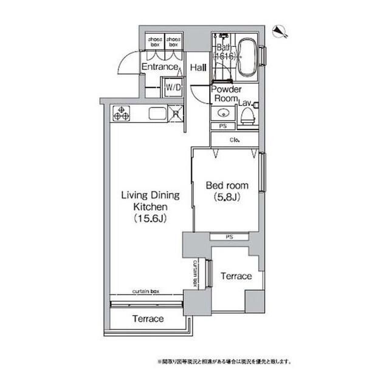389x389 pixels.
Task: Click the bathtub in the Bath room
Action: coord(247,57)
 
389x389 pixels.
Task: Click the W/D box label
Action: coord(173,88)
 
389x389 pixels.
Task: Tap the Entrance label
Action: coord(159,67)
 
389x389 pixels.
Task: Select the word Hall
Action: coord(198,68)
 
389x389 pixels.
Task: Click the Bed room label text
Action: coord(224,184)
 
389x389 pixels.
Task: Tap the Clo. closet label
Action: coord(234,139)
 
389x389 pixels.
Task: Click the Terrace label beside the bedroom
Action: coord(235,276)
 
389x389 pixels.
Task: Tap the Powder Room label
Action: coord(226,94)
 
